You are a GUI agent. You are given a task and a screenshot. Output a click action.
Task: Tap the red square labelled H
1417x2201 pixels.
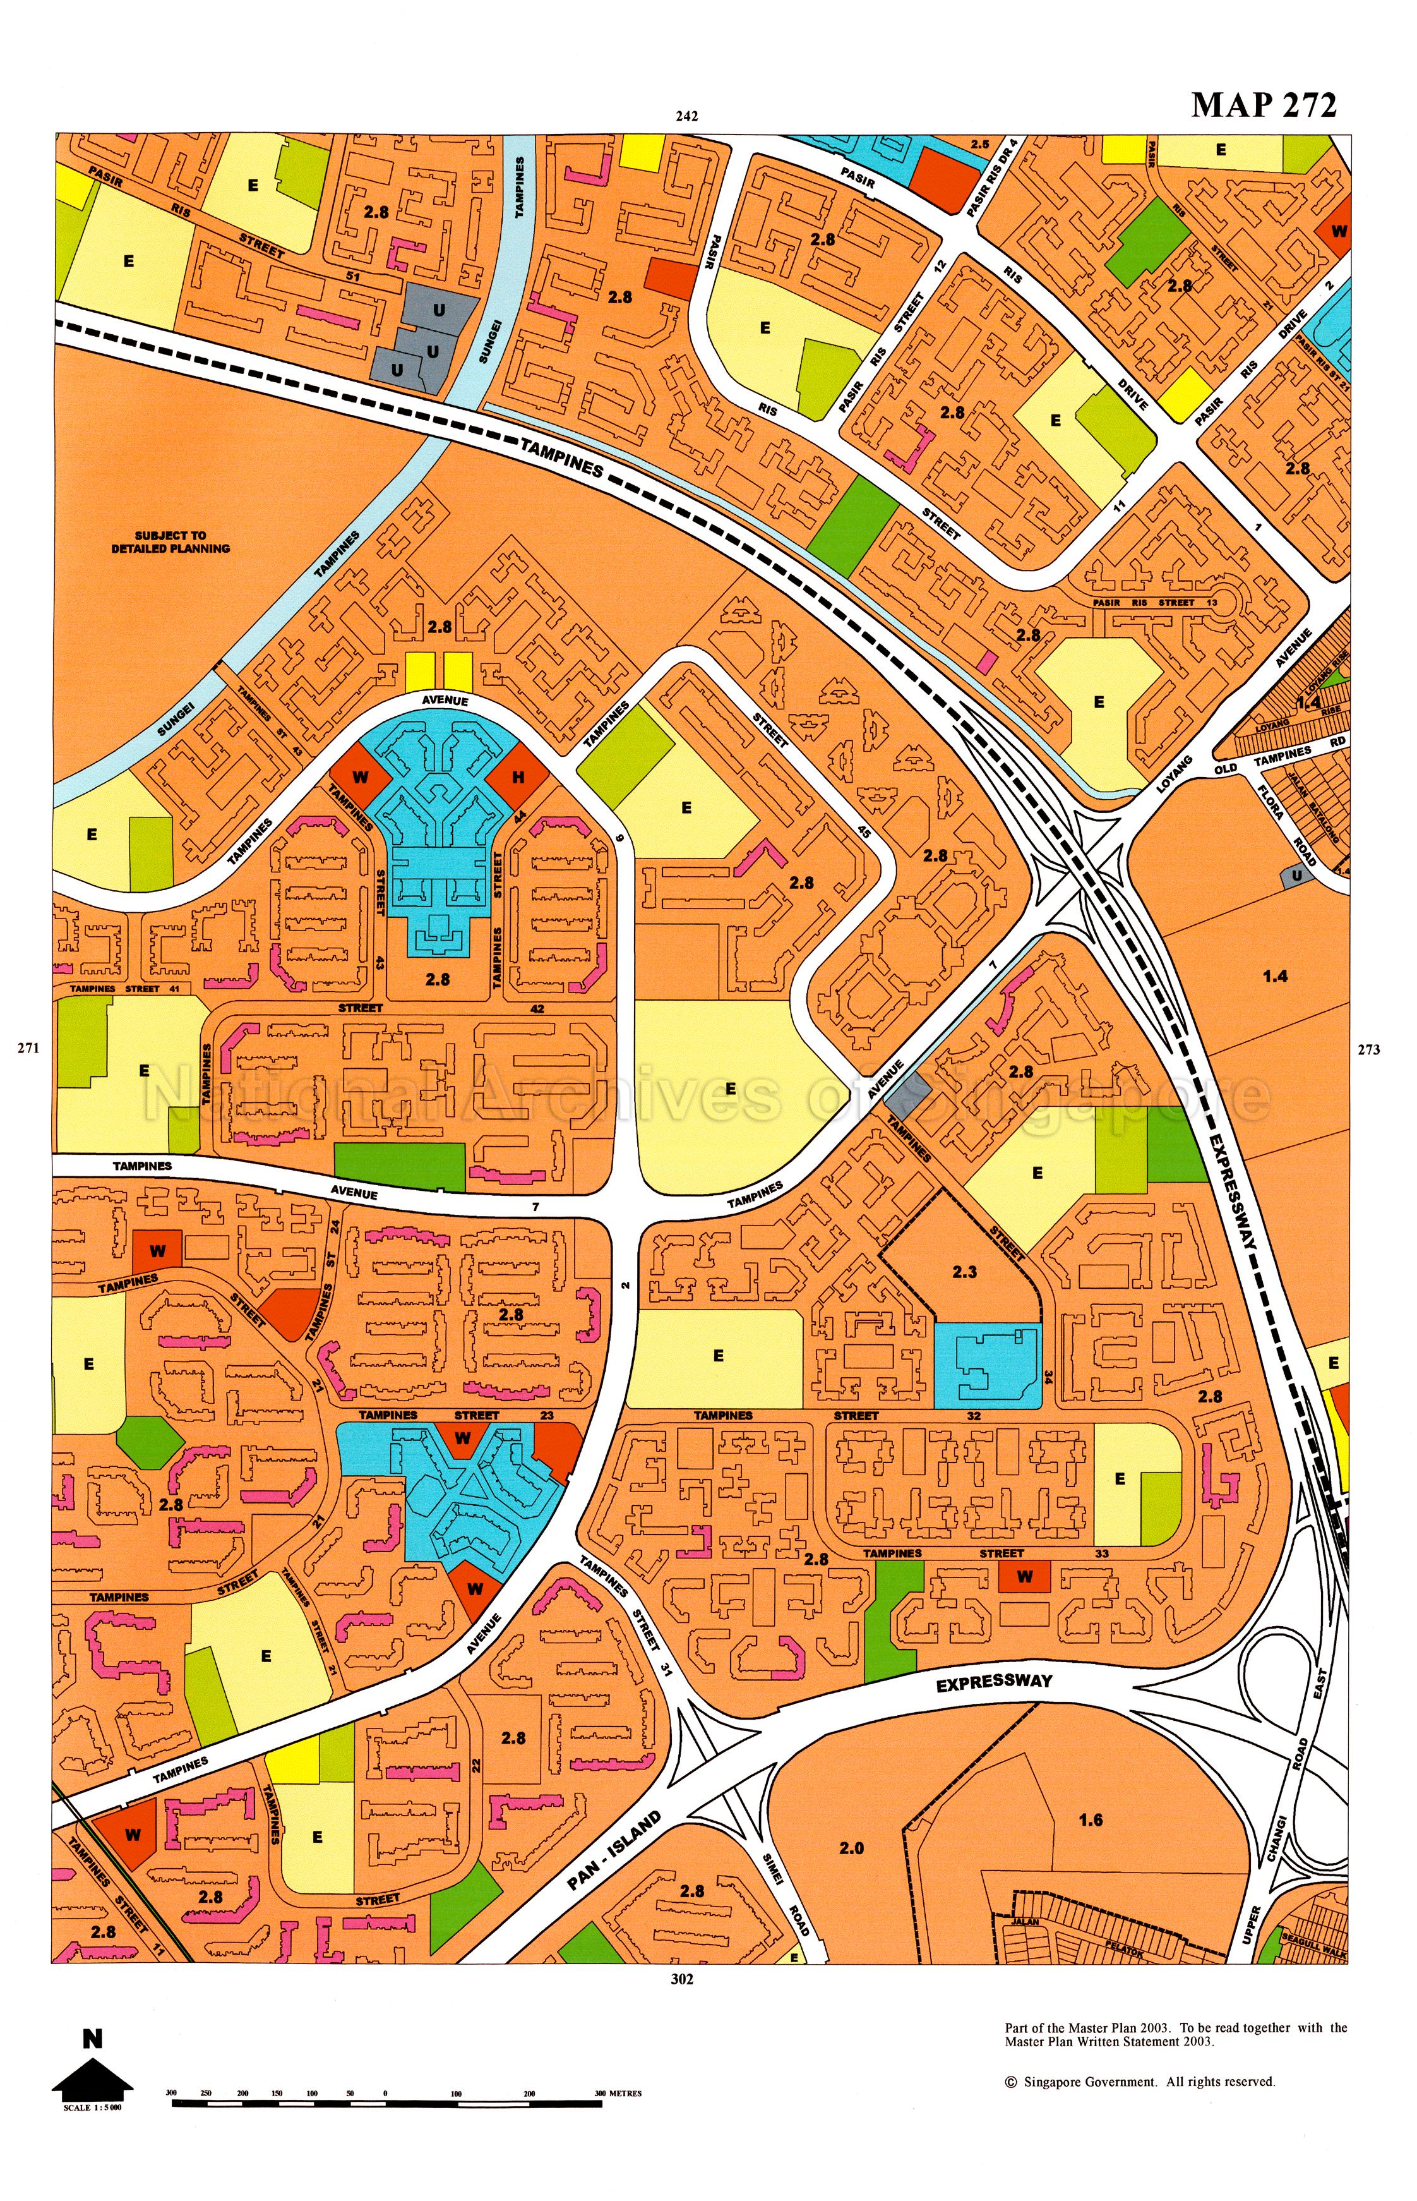[518, 777]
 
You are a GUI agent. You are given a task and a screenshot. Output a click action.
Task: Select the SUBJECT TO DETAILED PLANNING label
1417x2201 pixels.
[170, 541]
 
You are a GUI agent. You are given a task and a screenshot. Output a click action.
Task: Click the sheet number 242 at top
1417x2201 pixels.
[686, 116]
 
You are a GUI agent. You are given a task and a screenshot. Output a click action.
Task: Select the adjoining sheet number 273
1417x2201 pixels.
[1368, 1049]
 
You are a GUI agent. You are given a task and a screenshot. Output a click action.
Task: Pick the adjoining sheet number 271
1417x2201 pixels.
[28, 1047]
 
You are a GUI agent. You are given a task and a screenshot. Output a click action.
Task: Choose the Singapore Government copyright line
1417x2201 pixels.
[1139, 2082]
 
